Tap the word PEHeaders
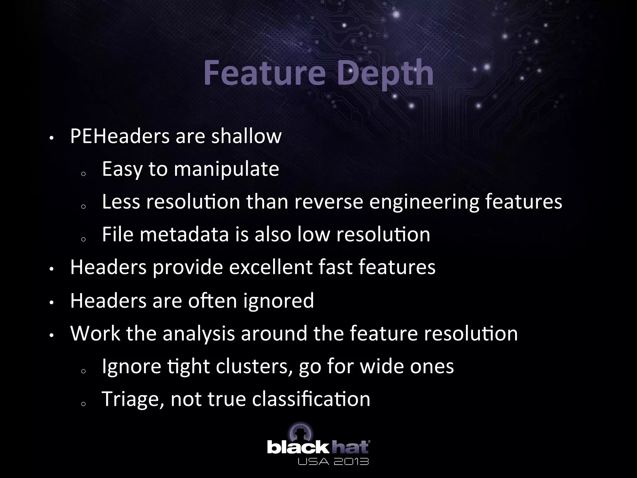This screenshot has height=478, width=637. [x=120, y=136]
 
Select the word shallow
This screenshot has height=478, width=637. [x=246, y=136]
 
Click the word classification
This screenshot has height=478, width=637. [x=311, y=399]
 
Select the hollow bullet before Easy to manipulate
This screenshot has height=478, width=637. [x=83, y=174]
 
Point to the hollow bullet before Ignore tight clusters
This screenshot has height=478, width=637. [x=83, y=371]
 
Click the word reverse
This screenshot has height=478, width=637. [x=328, y=202]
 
